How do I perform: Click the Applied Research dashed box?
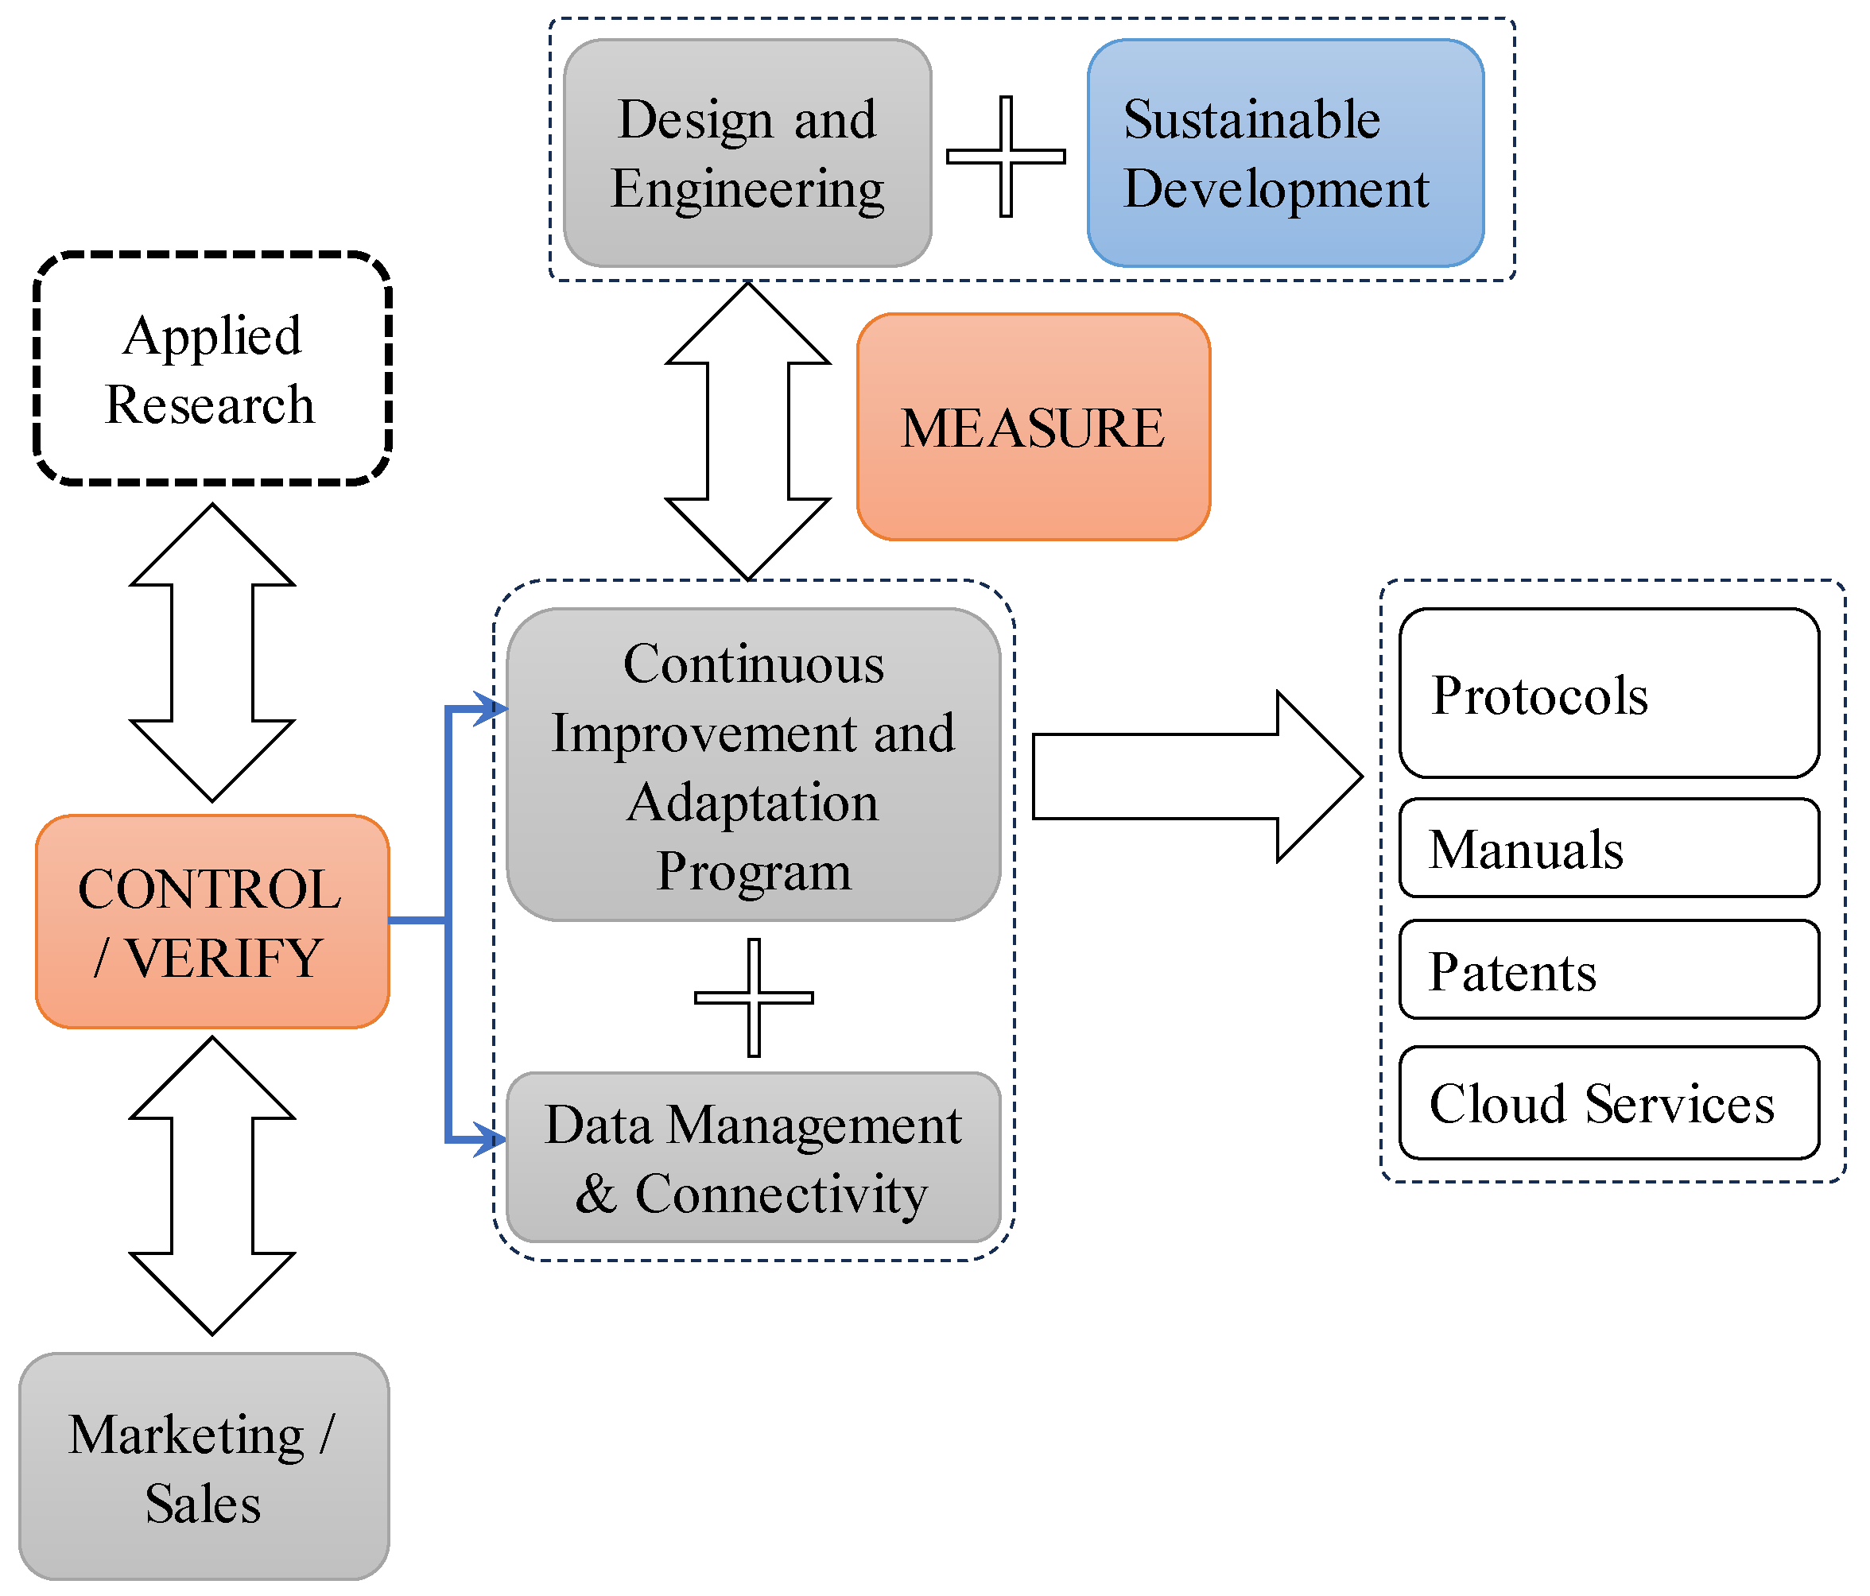point(212,368)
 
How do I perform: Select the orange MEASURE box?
point(1033,427)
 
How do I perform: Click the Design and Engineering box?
point(747,153)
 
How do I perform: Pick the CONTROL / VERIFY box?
point(212,921)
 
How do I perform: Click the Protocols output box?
point(1608,693)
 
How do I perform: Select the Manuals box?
point(1608,848)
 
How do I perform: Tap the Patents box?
point(1608,970)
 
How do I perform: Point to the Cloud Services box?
point(1608,1102)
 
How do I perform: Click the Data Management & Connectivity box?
point(754,1157)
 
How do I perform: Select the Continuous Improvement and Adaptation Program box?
point(754,765)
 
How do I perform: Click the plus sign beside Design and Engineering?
point(1006,156)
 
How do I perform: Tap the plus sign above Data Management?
point(754,997)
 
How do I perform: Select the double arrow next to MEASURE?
point(747,432)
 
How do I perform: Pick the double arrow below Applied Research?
point(212,653)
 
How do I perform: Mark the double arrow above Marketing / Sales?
point(212,1186)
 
